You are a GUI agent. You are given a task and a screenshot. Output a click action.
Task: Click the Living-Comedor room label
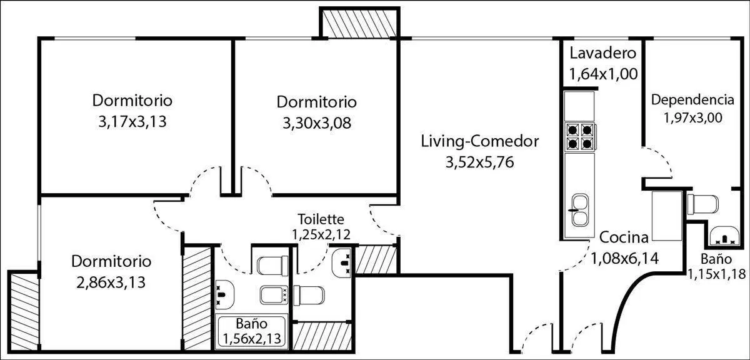[479, 141]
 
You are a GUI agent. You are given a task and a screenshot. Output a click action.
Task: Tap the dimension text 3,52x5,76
[479, 162]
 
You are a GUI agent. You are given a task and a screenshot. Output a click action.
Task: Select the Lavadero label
[602, 53]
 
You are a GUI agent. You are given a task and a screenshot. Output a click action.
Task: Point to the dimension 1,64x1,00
[603, 74]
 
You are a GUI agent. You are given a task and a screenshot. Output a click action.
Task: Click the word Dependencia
[692, 100]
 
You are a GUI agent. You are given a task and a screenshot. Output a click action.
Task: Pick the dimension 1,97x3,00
[692, 118]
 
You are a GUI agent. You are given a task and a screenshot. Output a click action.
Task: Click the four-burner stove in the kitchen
[580, 136]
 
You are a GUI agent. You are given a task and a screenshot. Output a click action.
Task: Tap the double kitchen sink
[579, 210]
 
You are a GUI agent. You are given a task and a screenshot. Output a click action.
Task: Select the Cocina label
[624, 237]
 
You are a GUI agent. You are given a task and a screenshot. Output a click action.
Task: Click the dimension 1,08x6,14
[624, 259]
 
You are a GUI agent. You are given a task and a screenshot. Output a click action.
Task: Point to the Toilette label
[321, 219]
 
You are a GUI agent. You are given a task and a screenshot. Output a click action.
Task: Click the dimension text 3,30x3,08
[317, 123]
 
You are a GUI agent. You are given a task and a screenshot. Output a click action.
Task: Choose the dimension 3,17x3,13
[132, 122]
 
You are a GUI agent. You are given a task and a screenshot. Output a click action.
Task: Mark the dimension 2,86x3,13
[111, 282]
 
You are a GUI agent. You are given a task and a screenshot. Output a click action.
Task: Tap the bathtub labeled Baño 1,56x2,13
[251, 331]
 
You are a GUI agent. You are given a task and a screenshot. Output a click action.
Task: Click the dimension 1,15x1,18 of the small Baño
[716, 274]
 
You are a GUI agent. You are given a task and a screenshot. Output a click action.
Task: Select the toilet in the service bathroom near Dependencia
[702, 204]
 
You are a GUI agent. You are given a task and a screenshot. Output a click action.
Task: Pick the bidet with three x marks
[274, 295]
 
